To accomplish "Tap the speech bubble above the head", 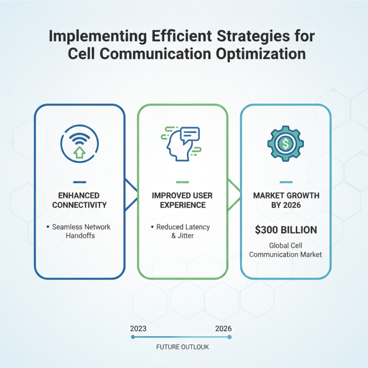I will (x=190, y=134).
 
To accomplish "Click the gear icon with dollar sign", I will (x=286, y=144).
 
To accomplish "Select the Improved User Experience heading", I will (x=183, y=200).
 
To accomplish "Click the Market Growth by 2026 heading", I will (x=286, y=200).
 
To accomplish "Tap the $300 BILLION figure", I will (x=286, y=229).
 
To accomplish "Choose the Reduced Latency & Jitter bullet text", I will (x=183, y=231).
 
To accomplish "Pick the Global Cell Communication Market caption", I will (x=286, y=250).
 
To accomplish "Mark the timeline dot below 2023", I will (x=133, y=337).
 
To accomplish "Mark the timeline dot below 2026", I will (x=229, y=337).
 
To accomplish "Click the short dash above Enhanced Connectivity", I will (x=80, y=182).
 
